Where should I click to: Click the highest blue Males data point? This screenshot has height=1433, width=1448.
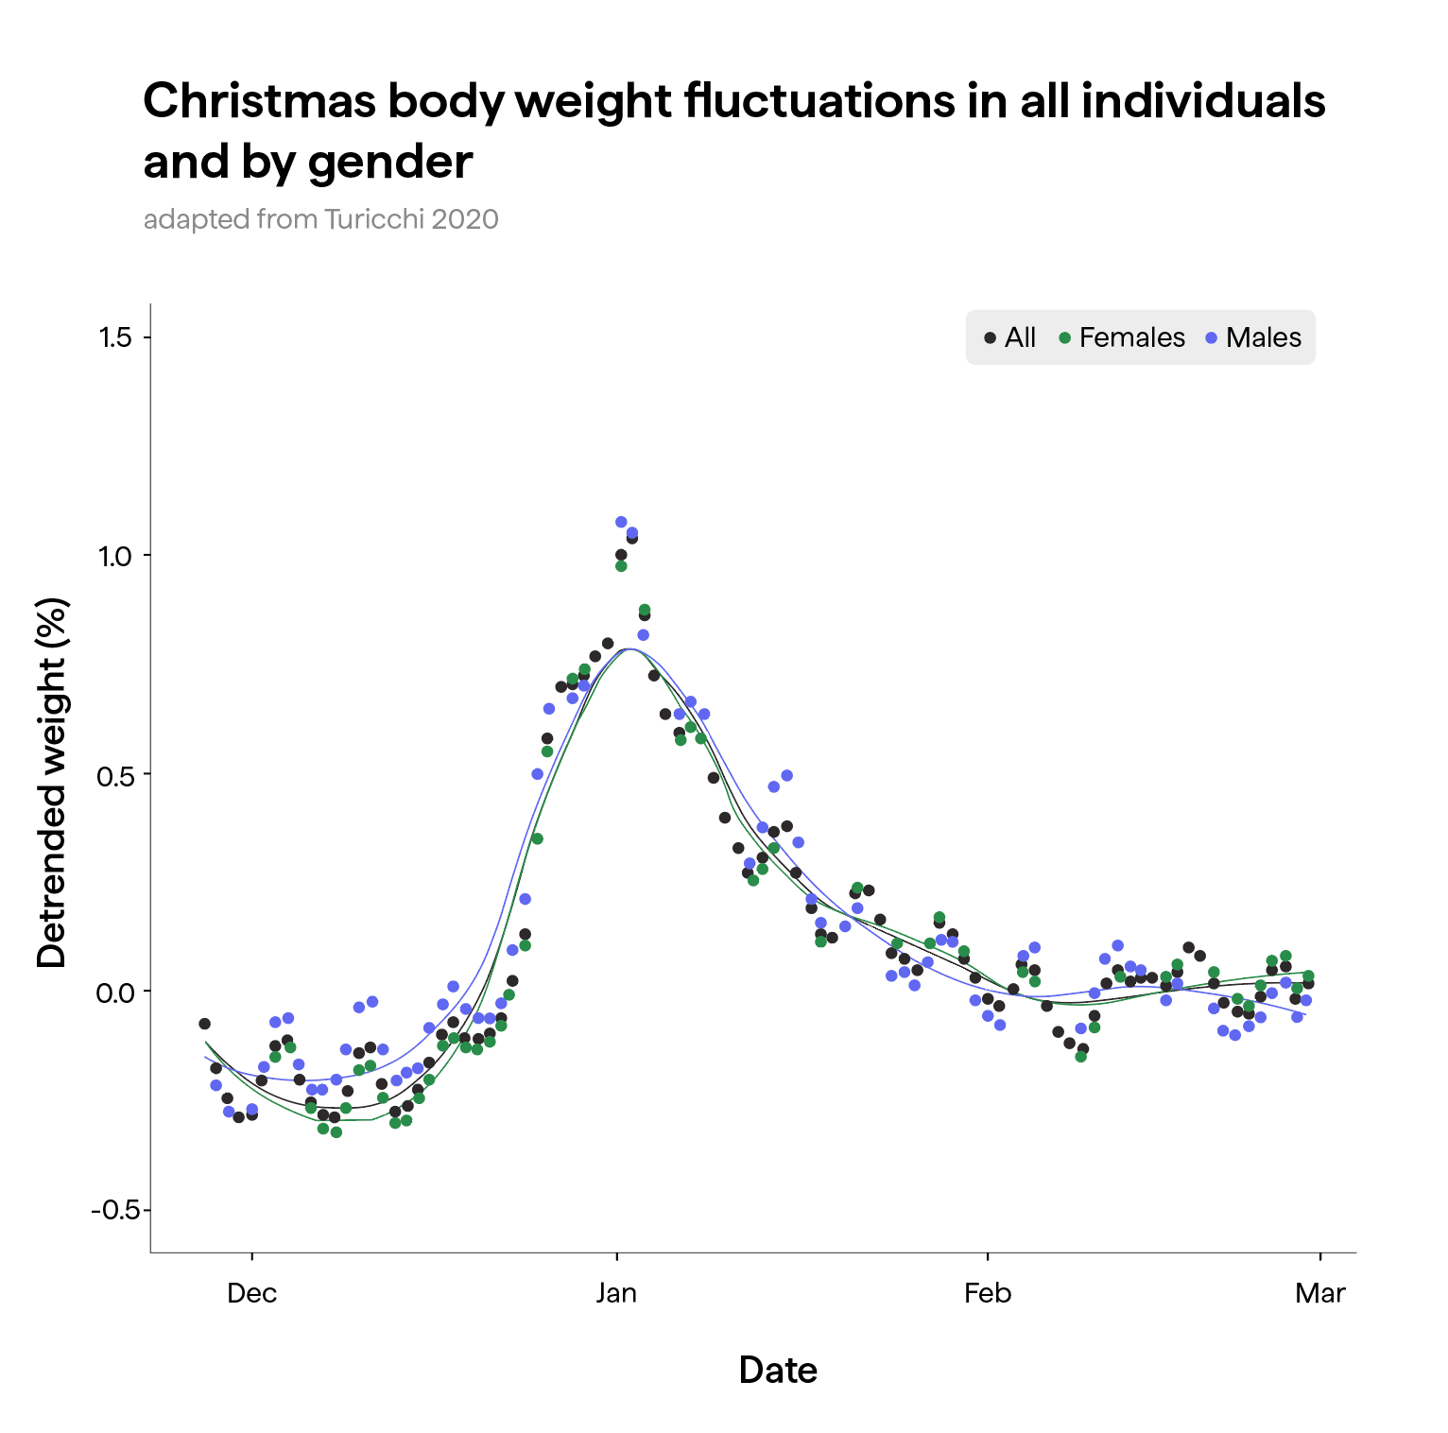[621, 522]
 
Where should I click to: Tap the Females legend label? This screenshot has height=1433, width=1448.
[1131, 337]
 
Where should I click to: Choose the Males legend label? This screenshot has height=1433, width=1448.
[1263, 337]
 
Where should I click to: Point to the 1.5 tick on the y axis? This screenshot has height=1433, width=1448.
[115, 337]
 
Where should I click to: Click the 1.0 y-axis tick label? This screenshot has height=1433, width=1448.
[115, 556]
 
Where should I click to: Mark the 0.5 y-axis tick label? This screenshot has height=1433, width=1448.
[115, 774]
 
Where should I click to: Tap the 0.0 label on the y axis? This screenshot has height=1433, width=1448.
[115, 992]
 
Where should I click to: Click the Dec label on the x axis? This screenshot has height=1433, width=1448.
[251, 1293]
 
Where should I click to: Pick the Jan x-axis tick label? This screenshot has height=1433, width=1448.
[616, 1293]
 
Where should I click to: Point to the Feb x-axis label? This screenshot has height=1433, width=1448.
[988, 1293]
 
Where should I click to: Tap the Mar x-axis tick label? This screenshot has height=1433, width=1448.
[1319, 1293]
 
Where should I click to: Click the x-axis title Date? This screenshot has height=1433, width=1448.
[778, 1370]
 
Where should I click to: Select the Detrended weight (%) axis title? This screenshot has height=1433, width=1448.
[52, 783]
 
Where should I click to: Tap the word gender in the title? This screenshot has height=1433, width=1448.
[389, 162]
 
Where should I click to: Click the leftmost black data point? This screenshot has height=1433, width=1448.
[204, 1024]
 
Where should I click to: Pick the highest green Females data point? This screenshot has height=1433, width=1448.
[621, 566]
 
